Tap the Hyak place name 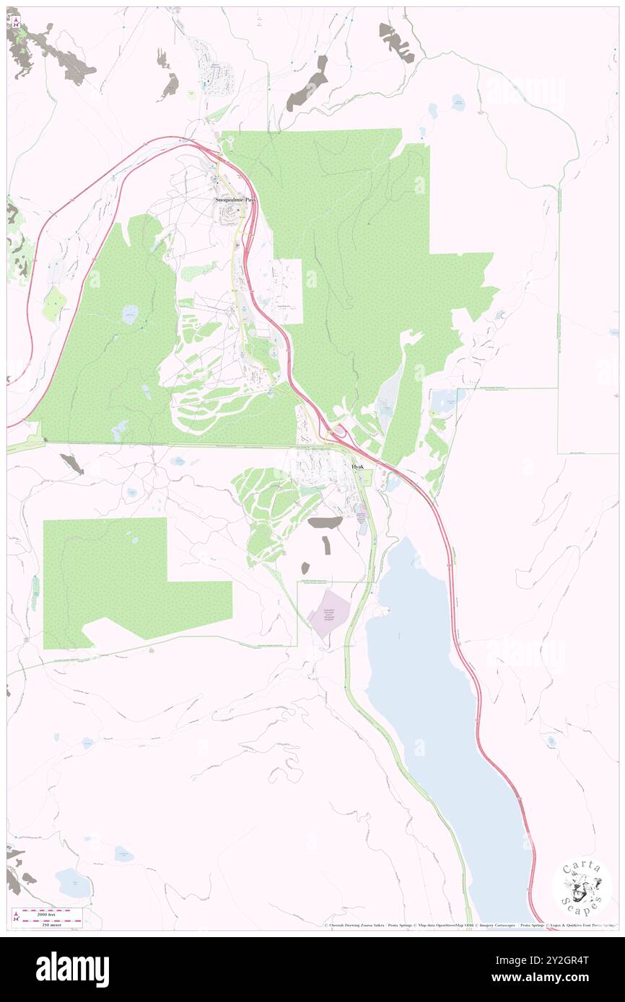[358, 467]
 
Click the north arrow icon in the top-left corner [14, 22]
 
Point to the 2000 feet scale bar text [48, 913]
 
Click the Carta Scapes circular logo [581, 887]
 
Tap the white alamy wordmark [72, 970]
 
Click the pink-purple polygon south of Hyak [329, 613]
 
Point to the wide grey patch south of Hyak [325, 522]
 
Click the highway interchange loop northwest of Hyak [336, 432]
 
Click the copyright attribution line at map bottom [469, 925]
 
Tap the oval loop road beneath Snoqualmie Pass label [234, 212]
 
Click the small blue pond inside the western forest [130, 314]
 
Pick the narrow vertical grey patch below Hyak [327, 546]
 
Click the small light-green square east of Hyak [366, 476]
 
